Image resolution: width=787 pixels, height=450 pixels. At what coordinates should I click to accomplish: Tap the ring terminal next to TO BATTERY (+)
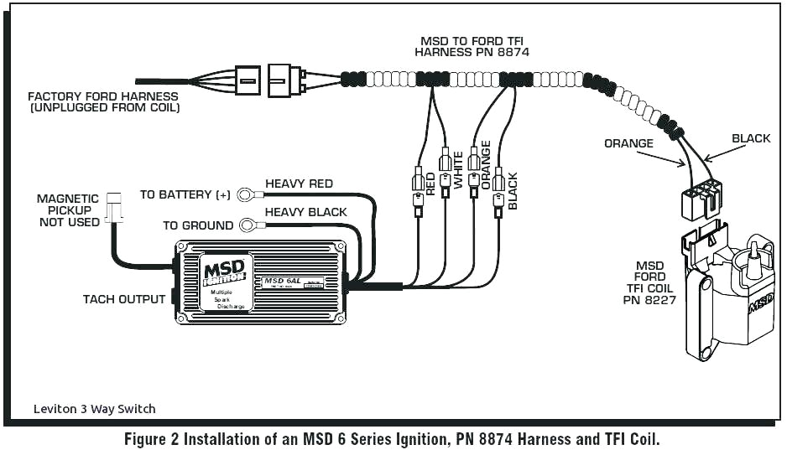click(246, 195)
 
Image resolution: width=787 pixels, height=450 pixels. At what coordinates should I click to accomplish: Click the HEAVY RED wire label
click(299, 184)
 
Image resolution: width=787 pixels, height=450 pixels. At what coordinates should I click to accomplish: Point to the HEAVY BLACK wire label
click(305, 212)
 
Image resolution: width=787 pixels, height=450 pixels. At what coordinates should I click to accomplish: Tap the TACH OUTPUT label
click(124, 299)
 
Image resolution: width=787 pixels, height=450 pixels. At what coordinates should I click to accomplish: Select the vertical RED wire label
click(430, 184)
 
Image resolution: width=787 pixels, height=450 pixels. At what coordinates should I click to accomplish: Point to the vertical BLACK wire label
click(513, 190)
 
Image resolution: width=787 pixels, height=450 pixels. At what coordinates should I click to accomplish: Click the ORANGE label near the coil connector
click(628, 143)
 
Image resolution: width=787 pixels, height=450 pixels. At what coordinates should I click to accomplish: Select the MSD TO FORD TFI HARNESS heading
click(474, 46)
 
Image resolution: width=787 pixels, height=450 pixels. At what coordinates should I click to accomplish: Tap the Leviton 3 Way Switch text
click(94, 409)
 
